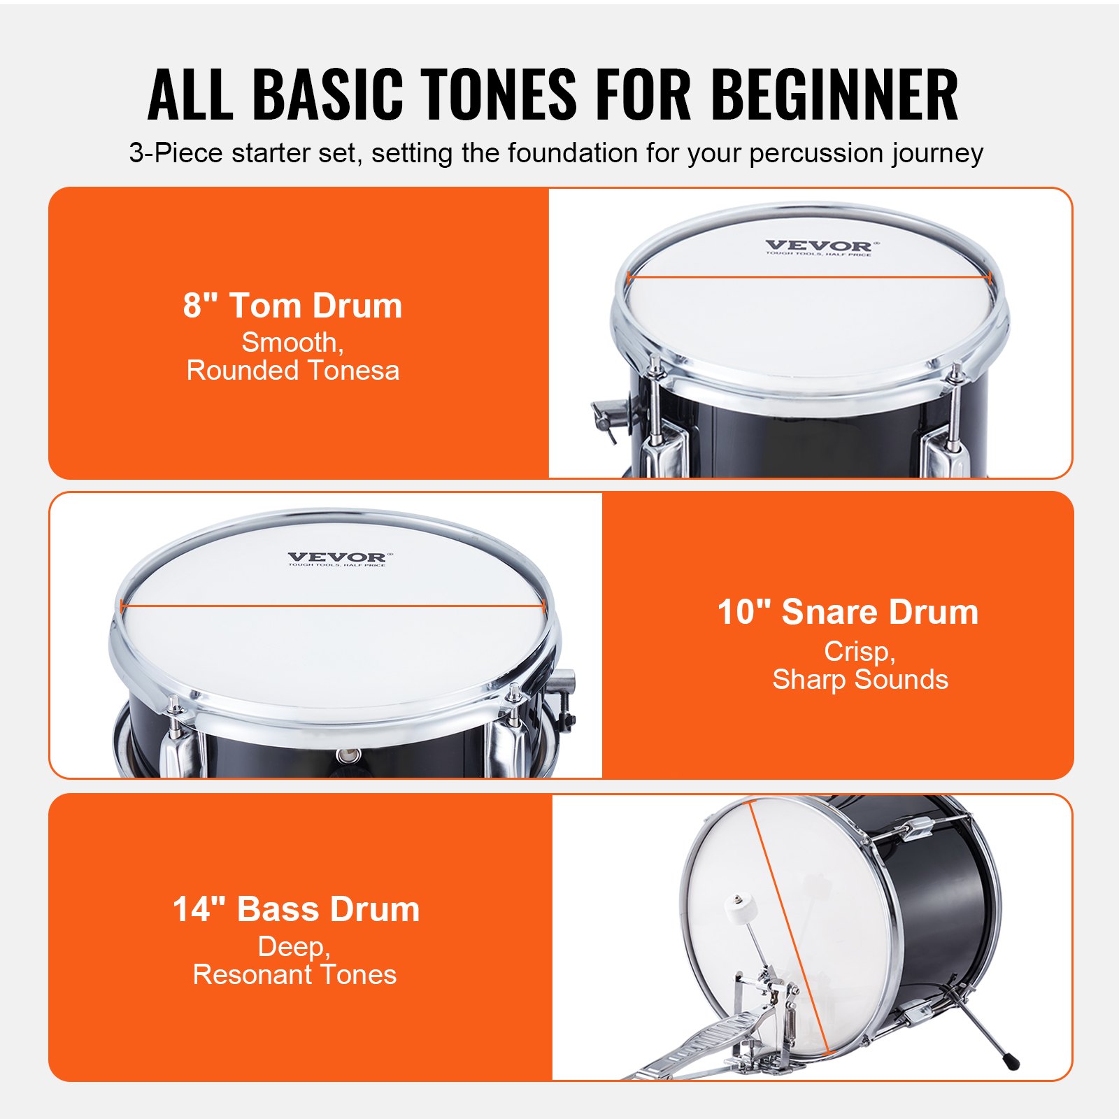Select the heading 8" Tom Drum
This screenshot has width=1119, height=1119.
coord(292,306)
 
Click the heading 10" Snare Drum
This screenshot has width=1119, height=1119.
coord(848,612)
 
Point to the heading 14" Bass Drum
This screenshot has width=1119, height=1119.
coord(296,909)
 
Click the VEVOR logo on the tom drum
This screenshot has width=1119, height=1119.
coord(819,246)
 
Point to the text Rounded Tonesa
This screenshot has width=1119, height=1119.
coord(292,371)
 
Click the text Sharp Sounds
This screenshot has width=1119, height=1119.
coord(860,680)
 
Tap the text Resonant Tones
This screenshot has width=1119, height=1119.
coord(294,975)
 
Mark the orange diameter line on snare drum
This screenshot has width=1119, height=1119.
coord(332,606)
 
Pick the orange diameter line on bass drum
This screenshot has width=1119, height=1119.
coord(790,930)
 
